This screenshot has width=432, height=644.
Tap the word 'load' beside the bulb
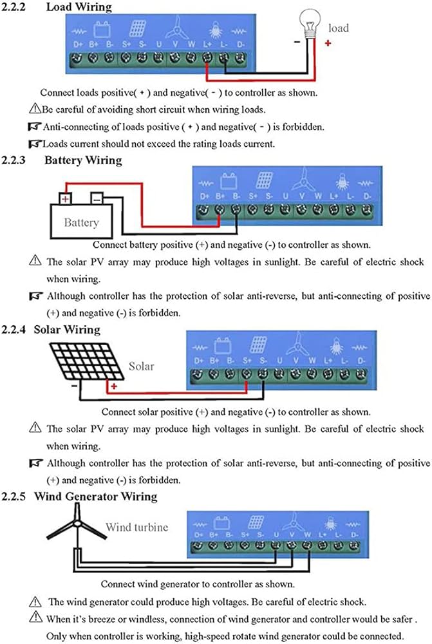339,28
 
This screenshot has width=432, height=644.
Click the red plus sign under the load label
328,43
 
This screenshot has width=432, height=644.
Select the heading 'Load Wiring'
79,7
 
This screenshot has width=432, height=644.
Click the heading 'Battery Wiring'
83,160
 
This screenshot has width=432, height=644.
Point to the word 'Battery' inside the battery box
81,223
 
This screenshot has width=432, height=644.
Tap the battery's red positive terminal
65,199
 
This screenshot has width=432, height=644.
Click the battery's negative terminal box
97,199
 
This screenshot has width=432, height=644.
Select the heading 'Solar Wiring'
67,330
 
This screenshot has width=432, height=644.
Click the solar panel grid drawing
87,361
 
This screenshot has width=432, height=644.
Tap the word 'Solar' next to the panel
141,366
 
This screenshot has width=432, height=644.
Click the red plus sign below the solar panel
114,386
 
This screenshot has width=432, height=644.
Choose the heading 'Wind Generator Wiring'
96,497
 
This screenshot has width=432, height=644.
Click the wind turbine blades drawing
77,524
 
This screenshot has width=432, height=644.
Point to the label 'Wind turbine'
136,527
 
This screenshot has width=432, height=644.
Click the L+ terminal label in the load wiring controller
207,44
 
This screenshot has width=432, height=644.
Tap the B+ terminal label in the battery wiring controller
220,196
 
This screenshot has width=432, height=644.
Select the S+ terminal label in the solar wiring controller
247,361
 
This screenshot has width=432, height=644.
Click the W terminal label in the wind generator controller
307,535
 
